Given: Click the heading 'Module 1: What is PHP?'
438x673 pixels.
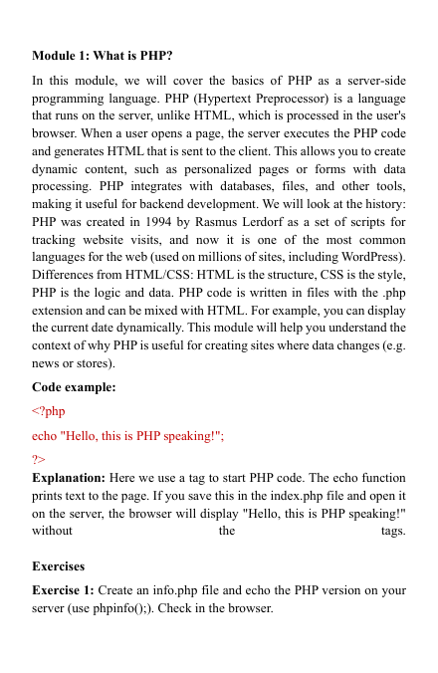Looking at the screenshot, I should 103,53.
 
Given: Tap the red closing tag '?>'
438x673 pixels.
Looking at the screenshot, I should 40,459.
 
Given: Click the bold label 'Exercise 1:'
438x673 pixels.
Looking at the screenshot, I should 66,591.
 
